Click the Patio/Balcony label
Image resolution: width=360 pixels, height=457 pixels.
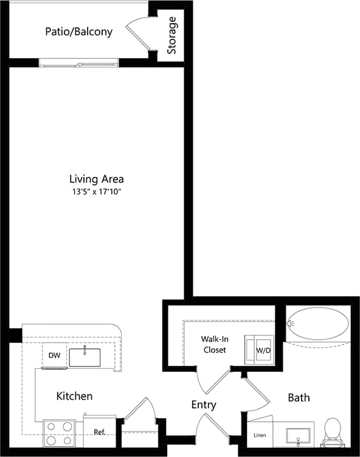coord(78,32)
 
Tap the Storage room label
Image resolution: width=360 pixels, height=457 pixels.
coord(172,35)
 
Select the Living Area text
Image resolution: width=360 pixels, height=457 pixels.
coord(96,179)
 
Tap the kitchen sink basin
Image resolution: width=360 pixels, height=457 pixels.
coord(85,358)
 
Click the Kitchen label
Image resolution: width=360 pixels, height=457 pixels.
coord(74,396)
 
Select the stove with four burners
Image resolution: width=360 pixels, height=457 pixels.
coord(59,434)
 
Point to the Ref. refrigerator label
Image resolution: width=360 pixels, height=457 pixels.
coord(100,432)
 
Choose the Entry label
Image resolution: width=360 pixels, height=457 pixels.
coord(204,405)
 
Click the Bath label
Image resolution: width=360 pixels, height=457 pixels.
coord(299,397)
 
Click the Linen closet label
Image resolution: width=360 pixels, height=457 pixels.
coord(260,435)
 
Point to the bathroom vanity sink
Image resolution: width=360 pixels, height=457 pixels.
coord(298,435)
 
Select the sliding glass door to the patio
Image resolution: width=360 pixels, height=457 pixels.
coord(79,63)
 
